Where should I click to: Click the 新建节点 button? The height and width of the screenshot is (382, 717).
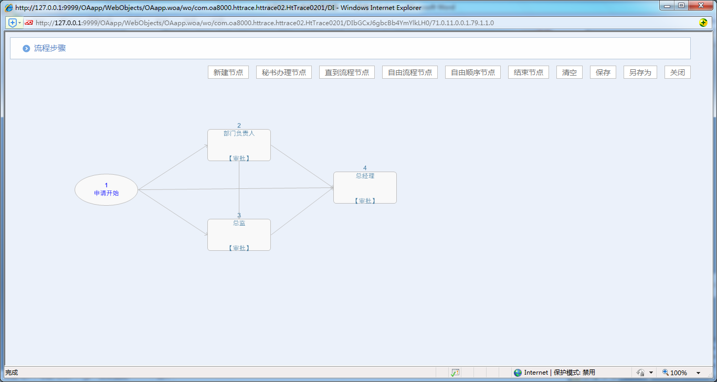pyautogui.click(x=228, y=72)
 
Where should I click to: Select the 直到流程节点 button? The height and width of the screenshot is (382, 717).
pyautogui.click(x=346, y=72)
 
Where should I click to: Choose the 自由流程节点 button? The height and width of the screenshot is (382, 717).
pyautogui.click(x=410, y=72)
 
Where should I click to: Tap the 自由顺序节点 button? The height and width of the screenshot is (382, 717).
pyautogui.click(x=473, y=72)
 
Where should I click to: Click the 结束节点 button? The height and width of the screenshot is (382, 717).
pyautogui.click(x=529, y=72)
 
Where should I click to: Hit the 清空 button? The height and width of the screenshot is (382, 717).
pyautogui.click(x=570, y=72)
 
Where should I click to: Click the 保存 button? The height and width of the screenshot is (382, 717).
pyautogui.click(x=603, y=72)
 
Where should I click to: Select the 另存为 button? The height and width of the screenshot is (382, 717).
pyautogui.click(x=640, y=72)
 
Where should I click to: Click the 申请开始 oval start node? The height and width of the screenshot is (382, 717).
pyautogui.click(x=106, y=190)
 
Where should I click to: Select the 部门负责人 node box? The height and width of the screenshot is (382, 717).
pyautogui.click(x=239, y=145)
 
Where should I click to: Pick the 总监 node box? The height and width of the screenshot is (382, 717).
pyautogui.click(x=239, y=235)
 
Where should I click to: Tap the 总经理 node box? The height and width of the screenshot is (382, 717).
pyautogui.click(x=365, y=188)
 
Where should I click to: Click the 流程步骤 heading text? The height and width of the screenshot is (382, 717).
pyautogui.click(x=50, y=48)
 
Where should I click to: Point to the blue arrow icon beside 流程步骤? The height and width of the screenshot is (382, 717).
pyautogui.click(x=26, y=48)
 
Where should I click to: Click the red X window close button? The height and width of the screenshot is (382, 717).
pyautogui.click(x=701, y=5)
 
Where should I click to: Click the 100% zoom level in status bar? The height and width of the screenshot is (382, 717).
pyautogui.click(x=679, y=373)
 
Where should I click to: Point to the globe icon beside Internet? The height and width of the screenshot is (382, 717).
pyautogui.click(x=518, y=373)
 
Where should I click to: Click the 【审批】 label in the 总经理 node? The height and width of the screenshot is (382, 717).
pyautogui.click(x=365, y=201)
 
